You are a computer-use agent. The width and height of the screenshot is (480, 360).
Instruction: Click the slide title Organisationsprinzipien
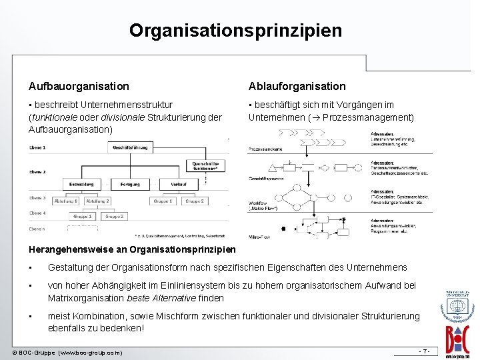(x=235, y=31)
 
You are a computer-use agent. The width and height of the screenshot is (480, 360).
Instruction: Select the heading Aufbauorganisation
(x=79, y=86)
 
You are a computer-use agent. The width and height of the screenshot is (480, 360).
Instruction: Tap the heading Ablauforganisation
(x=297, y=86)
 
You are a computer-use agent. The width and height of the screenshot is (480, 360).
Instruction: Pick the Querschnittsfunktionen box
(x=205, y=165)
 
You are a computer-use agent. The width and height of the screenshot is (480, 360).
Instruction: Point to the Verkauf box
(x=179, y=183)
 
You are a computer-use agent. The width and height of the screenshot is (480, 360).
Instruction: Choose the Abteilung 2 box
(x=97, y=201)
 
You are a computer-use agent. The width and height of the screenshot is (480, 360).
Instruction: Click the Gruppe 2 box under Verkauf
(x=194, y=201)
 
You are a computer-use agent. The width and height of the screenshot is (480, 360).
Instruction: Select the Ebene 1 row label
(x=37, y=147)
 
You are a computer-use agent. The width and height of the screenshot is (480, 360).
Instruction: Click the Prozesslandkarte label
(x=265, y=148)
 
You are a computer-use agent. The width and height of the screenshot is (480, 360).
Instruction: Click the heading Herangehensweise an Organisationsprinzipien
(x=132, y=249)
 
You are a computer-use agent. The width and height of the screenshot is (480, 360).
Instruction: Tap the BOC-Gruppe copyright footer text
(x=67, y=351)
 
